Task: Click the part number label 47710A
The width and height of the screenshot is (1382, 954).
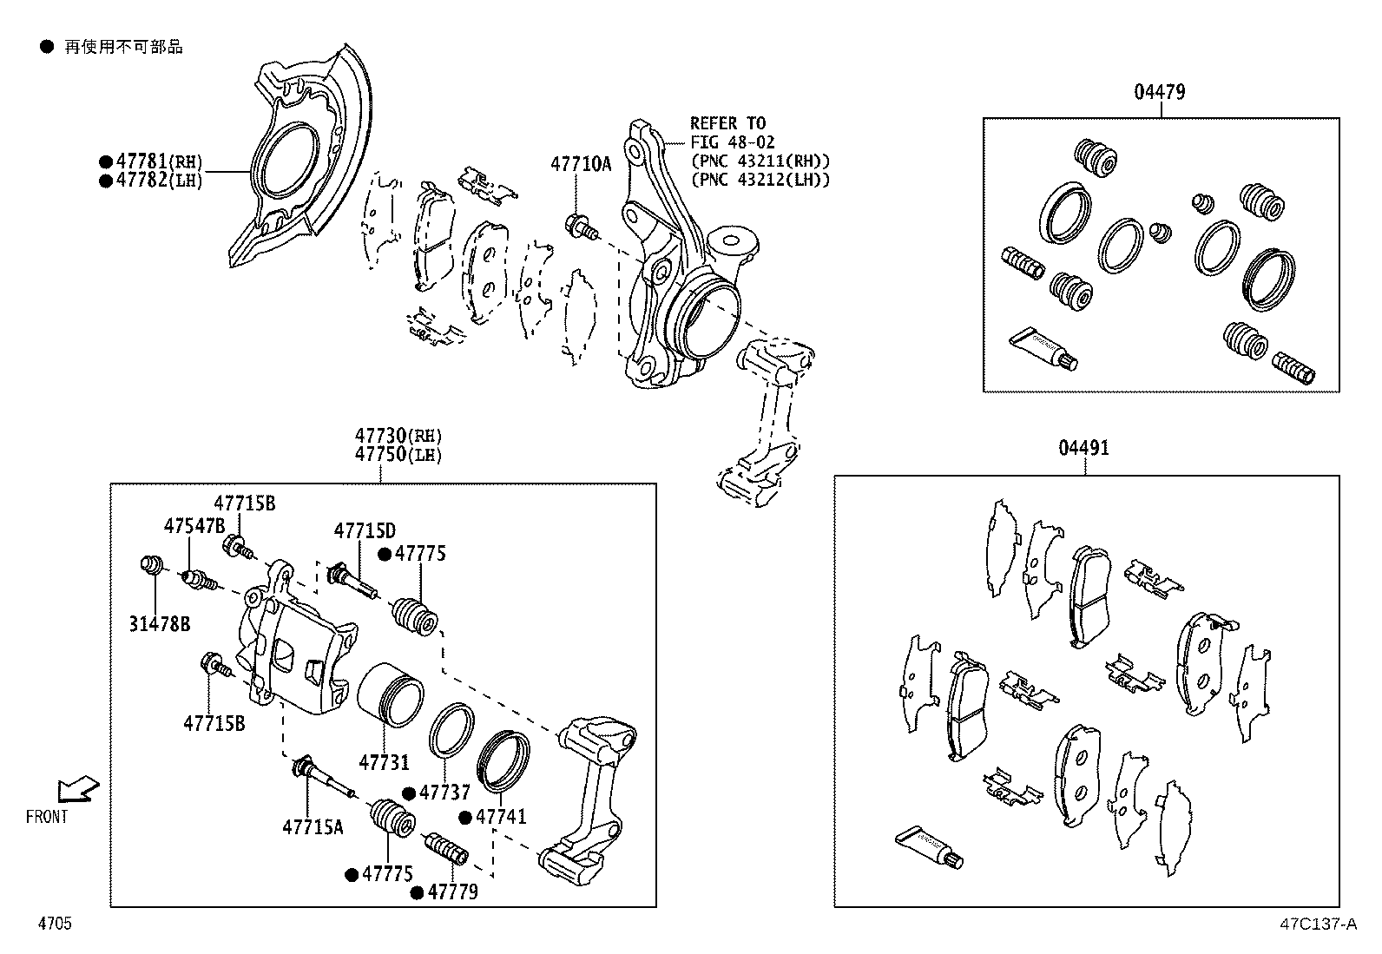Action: [x=581, y=163]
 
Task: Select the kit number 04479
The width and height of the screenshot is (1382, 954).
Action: [x=1159, y=92]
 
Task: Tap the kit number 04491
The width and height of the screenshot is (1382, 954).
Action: [x=1083, y=448]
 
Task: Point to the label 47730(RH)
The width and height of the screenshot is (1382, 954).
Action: [x=398, y=436]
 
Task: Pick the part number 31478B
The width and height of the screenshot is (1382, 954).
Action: [x=160, y=623]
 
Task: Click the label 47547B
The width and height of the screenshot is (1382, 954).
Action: [x=194, y=525]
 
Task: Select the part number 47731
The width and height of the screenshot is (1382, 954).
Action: [x=384, y=762]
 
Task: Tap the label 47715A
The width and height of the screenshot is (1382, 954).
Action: [x=313, y=826]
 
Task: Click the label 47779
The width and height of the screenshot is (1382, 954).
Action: [x=453, y=891]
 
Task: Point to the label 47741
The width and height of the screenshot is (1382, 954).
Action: [x=501, y=817]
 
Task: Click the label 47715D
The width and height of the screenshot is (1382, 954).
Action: [x=365, y=530]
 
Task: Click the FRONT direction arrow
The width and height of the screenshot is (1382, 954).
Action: [x=77, y=789]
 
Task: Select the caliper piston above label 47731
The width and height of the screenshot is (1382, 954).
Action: [x=390, y=694]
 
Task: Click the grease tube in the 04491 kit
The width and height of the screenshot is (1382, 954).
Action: [x=929, y=847]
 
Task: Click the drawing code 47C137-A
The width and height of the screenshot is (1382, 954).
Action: [x=1317, y=924]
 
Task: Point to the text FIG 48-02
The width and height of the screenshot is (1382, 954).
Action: [x=733, y=142]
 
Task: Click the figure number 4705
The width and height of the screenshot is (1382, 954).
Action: [x=54, y=924]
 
